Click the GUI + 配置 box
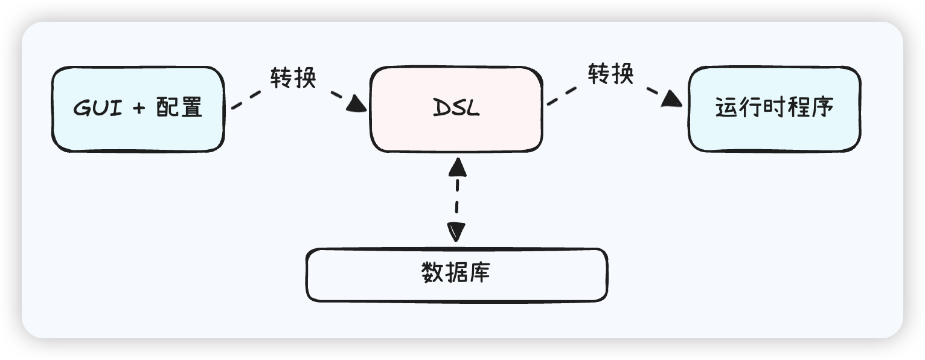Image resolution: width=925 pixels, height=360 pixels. (138, 109)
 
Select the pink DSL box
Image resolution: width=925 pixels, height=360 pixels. (456, 109)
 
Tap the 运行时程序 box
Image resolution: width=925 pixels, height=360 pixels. (774, 109)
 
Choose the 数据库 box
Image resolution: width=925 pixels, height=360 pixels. (456, 275)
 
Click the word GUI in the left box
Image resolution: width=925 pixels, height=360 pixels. (94, 109)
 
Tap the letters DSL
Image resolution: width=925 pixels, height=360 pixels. (456, 109)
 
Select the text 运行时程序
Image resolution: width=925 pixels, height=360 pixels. (774, 108)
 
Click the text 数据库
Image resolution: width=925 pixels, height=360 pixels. (456, 273)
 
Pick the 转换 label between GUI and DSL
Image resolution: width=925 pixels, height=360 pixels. (293, 78)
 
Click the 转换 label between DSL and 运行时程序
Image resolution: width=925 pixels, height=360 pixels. (611, 74)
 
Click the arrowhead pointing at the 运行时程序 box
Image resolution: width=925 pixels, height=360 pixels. (671, 98)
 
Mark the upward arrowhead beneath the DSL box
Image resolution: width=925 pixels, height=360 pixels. (458, 166)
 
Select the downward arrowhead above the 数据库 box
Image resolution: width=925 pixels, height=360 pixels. (456, 231)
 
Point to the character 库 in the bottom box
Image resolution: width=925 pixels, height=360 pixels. (480, 273)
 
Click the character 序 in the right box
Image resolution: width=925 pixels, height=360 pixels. (822, 108)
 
